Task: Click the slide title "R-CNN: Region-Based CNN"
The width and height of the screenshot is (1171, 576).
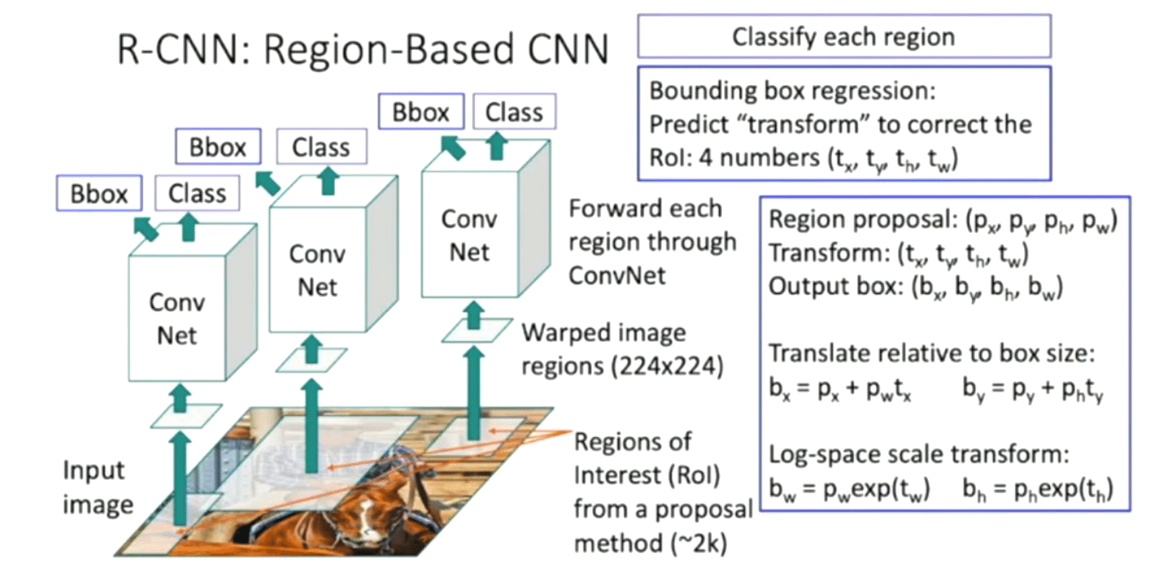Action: (x=363, y=49)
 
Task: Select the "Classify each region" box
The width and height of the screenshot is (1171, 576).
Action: (x=843, y=36)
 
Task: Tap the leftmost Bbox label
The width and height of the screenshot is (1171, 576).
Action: (x=99, y=193)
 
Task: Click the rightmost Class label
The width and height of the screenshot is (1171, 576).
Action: (x=514, y=112)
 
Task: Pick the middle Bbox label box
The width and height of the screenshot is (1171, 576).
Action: (x=218, y=147)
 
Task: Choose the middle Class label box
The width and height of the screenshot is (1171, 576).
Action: (x=321, y=147)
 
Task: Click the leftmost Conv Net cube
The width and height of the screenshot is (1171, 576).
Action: (x=177, y=318)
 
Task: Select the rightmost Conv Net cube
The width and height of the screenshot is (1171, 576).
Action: (x=469, y=235)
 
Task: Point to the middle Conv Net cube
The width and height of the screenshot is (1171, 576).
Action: (x=318, y=270)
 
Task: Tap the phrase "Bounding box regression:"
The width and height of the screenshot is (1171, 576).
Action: (x=792, y=91)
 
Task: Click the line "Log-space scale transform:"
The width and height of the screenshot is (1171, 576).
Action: (x=919, y=455)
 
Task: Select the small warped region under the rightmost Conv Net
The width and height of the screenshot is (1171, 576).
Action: (x=476, y=331)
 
